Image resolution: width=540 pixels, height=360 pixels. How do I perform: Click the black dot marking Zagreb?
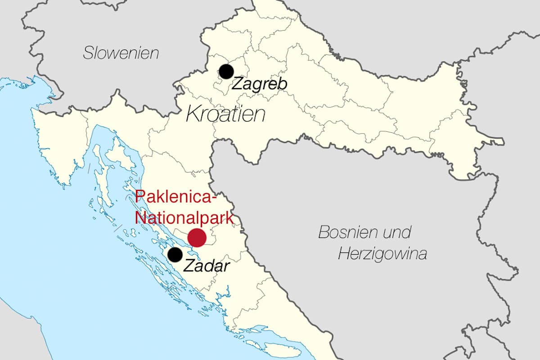coord(226,71)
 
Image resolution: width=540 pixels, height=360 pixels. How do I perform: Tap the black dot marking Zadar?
coord(175,255)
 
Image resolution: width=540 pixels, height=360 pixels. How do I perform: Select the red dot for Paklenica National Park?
coord(197,237)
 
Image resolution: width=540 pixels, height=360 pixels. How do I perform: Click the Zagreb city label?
coord(259,85)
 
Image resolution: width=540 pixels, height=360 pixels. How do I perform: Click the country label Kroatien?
coord(225,114)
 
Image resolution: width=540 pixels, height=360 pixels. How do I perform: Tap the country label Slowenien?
coord(121,53)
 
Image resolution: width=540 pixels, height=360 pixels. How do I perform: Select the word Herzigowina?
coord(382,254)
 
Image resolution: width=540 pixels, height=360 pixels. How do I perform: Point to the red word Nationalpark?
coord(184,218)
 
